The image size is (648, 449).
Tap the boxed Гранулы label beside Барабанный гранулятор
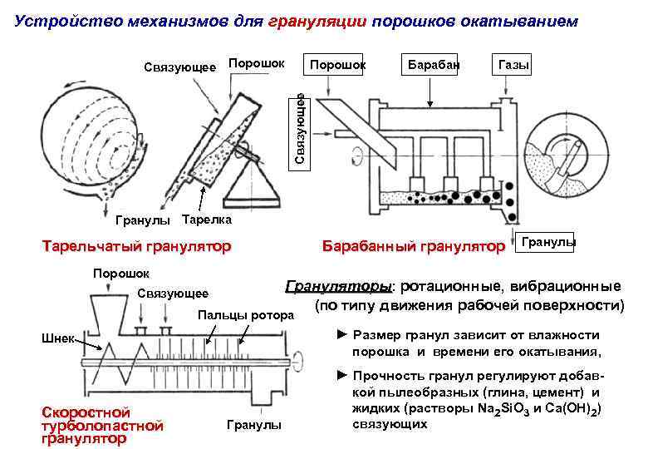(546, 242)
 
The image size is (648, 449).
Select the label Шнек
(56, 338)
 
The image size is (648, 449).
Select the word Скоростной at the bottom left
(75, 412)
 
